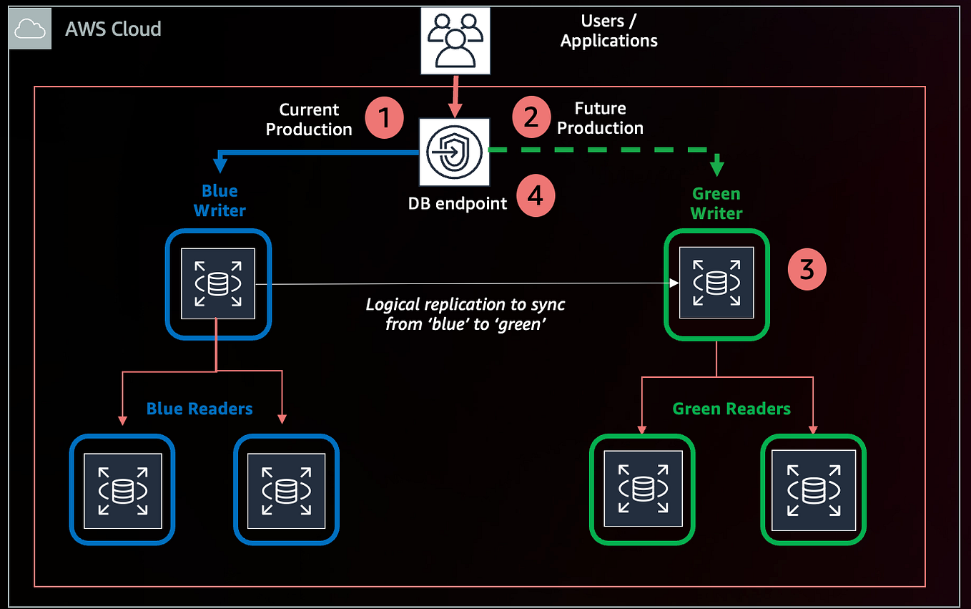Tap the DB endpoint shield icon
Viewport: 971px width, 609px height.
pos(454,152)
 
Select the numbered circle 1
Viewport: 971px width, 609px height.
pos(385,117)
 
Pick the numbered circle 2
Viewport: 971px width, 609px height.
pos(531,117)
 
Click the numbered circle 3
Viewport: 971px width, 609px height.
pos(807,270)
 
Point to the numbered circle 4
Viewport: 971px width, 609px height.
pos(536,196)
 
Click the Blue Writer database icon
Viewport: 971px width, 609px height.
pos(218,283)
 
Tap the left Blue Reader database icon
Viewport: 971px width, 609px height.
pos(122,489)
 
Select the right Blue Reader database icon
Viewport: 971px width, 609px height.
pos(286,489)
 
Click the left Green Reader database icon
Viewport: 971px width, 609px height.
pos(641,489)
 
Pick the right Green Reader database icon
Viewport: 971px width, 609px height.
pos(813,489)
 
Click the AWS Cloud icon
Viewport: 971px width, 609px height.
pos(30,29)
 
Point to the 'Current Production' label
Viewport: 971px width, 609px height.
pos(309,120)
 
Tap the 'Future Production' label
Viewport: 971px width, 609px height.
pos(600,118)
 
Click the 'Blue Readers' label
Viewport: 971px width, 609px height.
pos(199,409)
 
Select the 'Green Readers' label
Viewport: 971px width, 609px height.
pos(731,409)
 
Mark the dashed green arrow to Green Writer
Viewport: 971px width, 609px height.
pos(601,150)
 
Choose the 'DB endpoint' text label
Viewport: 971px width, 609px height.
pos(458,203)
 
